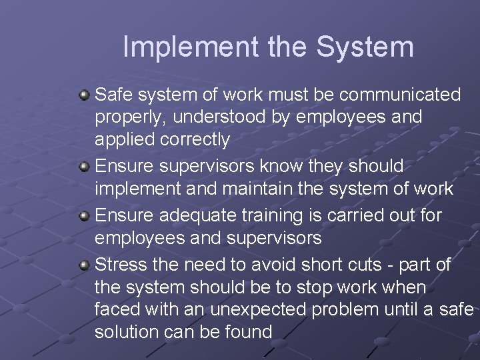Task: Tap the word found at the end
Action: (248, 332)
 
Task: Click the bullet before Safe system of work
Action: (85, 95)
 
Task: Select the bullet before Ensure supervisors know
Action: (85, 166)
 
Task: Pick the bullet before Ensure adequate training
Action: (85, 215)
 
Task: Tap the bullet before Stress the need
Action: (85, 265)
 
